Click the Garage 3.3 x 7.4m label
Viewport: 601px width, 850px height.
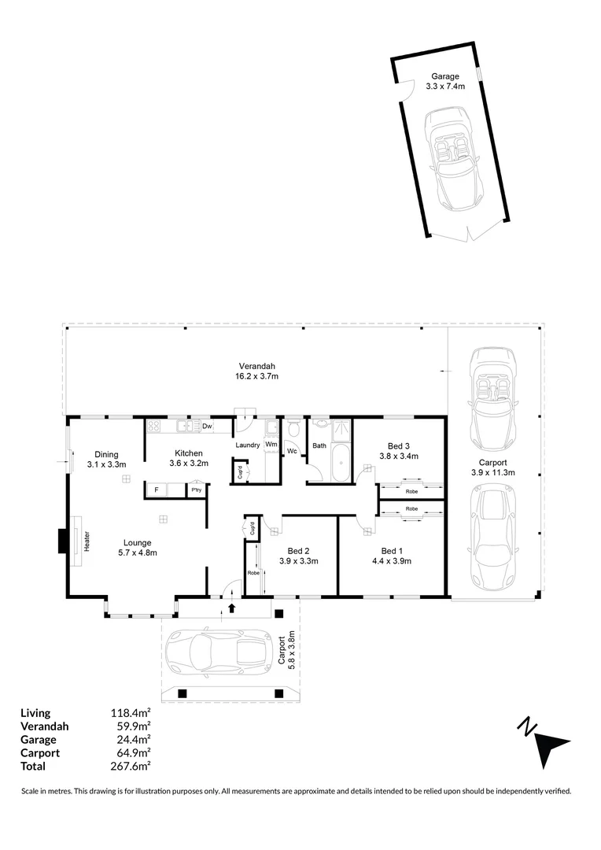pos(444,82)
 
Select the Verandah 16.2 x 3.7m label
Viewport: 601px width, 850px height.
pos(257,371)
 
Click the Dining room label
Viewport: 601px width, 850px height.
pos(106,459)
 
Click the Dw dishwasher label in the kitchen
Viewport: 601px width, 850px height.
pos(207,427)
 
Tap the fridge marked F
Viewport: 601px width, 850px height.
pos(157,490)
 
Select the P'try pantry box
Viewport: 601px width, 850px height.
pos(194,490)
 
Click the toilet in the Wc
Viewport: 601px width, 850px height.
pos(293,430)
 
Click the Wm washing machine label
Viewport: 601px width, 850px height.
pos(271,445)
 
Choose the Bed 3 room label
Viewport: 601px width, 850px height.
pos(398,449)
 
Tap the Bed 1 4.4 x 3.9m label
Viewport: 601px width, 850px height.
pos(391,556)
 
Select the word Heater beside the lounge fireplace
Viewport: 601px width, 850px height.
pos(87,541)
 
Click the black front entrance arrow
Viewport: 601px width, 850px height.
pos(231,608)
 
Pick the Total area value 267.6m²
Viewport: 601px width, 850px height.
pos(131,766)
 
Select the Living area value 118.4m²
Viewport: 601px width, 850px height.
pos(131,714)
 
